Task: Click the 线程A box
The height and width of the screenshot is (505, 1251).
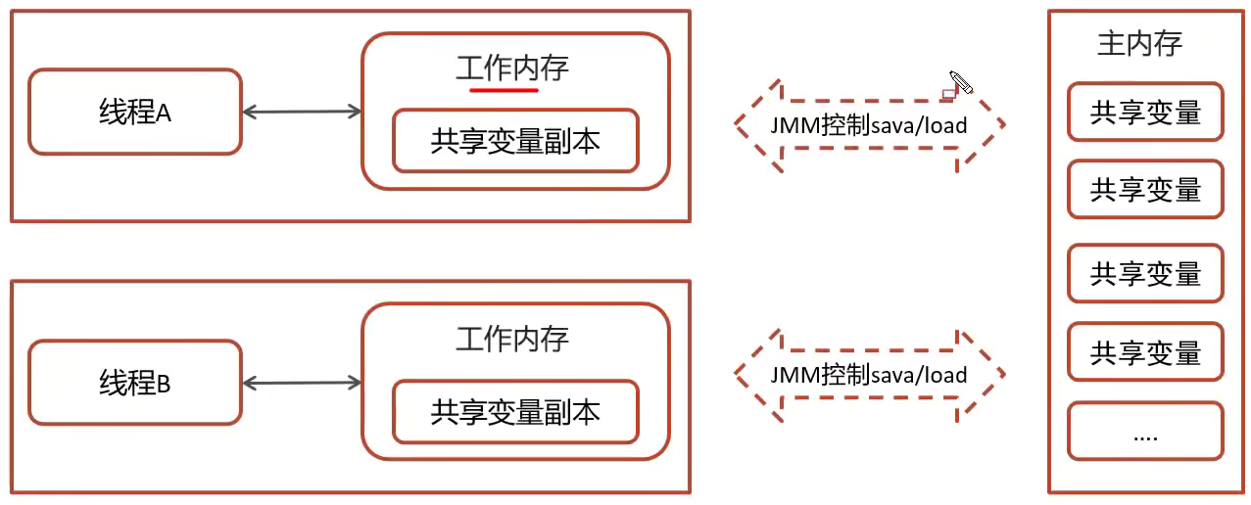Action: (134, 112)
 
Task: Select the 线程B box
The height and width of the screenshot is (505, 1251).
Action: (134, 383)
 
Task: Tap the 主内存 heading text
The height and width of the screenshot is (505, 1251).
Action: (1139, 44)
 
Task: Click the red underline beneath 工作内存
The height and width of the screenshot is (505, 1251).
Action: (505, 90)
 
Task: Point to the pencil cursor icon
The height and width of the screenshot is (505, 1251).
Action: (959, 83)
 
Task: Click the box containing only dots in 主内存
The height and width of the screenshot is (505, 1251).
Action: (1145, 432)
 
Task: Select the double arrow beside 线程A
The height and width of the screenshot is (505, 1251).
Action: (302, 112)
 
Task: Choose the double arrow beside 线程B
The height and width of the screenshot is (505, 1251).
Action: (302, 383)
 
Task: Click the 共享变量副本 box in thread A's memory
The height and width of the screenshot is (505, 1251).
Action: (515, 141)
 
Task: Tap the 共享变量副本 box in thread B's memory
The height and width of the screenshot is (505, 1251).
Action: (515, 412)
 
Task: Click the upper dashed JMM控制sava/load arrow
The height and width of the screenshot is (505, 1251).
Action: (870, 124)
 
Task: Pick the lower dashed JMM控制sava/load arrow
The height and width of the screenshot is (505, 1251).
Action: (870, 374)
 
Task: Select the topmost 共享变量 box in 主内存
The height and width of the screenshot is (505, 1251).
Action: (1145, 113)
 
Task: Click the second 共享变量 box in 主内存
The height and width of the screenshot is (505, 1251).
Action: (1145, 190)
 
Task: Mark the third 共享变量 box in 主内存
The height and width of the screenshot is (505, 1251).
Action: (1145, 273)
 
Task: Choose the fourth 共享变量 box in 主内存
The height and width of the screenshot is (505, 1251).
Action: (1145, 352)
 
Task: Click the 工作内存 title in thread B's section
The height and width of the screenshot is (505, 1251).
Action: (512, 339)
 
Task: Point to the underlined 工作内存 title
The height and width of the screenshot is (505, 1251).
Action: (512, 68)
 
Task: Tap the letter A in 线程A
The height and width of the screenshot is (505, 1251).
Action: (164, 114)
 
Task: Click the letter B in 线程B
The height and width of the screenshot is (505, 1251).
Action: (164, 385)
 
